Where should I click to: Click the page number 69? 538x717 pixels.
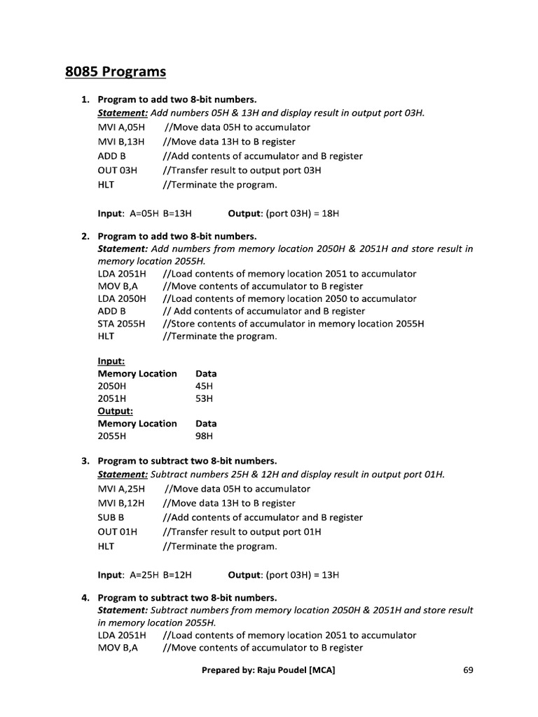coord(469,670)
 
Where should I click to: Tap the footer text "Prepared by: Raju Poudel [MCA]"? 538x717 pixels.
coord(268,670)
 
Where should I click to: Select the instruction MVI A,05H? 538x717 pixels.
coord(121,127)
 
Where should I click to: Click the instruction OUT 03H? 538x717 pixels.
coord(118,170)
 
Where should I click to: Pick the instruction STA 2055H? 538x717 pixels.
coord(122,323)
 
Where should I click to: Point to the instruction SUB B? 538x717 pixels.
coord(111,517)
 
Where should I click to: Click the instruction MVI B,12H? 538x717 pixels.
coord(121,503)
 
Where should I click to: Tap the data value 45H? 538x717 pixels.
coord(205,386)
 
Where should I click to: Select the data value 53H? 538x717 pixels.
coord(205,398)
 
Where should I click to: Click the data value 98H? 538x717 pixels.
coord(205,436)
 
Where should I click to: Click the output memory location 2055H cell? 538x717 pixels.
coord(112,436)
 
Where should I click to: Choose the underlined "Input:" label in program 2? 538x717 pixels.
coord(111,361)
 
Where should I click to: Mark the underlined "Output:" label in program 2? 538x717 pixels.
coord(116,411)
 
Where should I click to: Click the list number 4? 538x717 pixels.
coord(85,597)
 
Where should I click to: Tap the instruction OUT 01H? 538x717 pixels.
coord(118,531)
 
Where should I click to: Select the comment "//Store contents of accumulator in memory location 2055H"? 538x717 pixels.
coord(293,323)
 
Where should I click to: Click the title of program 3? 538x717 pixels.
coord(187,461)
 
